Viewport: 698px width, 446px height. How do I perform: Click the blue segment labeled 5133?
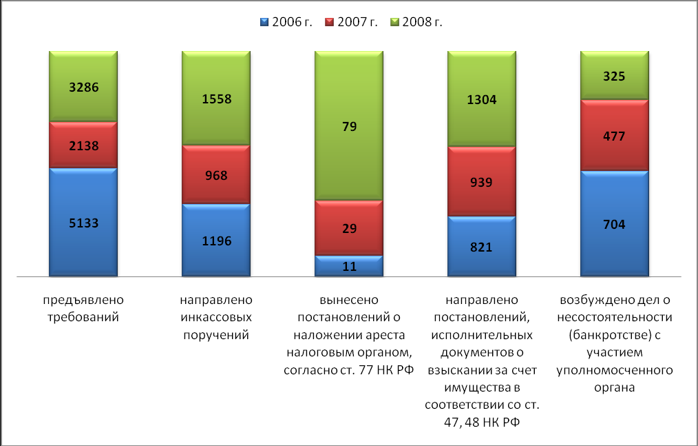pyautogui.click(x=83, y=222)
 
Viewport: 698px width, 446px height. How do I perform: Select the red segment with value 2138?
pyautogui.click(x=83, y=145)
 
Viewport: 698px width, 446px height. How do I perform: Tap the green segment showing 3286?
pyautogui.click(x=83, y=87)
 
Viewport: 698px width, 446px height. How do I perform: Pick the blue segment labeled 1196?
pyautogui.click(x=215, y=240)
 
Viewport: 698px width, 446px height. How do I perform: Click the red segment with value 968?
pyautogui.click(x=215, y=174)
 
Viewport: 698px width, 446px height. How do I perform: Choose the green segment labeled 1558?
pyautogui.click(x=215, y=99)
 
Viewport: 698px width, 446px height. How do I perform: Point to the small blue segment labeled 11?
pyautogui.click(x=349, y=266)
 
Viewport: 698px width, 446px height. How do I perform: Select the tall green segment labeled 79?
pyautogui.click(x=349, y=126)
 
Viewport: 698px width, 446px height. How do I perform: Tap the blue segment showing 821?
pyautogui.click(x=482, y=246)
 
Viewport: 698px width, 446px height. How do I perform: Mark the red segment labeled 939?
pyautogui.click(x=482, y=181)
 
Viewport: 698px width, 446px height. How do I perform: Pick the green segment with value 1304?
pyautogui.click(x=482, y=99)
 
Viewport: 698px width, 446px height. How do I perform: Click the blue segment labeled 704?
pyautogui.click(x=615, y=223)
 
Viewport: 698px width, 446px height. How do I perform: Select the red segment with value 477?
pyautogui.click(x=615, y=135)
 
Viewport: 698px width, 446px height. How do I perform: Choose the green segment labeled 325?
pyautogui.click(x=615, y=76)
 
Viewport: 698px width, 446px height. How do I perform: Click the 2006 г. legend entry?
pyautogui.click(x=286, y=22)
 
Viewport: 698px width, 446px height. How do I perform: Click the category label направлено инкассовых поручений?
pyautogui.click(x=215, y=317)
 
